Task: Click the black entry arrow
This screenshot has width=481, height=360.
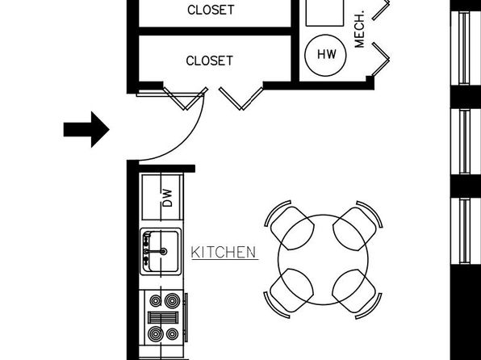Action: coord(86,129)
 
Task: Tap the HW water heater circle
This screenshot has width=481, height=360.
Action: coord(325,55)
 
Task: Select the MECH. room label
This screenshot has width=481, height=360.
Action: coord(359,30)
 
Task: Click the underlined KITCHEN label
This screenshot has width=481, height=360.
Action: coord(224,253)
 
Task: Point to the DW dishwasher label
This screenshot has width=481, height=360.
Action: coord(168,198)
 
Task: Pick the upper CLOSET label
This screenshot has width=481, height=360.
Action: coord(211,10)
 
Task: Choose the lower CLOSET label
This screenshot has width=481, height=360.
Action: coord(210,61)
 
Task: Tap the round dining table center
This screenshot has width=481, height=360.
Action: coord(323,260)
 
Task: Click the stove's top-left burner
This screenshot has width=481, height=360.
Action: coord(156,301)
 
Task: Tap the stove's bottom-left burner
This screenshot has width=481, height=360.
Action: coord(156,334)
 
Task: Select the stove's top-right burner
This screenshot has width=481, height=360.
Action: coord(172,300)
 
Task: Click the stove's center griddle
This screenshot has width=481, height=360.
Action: coord(163,318)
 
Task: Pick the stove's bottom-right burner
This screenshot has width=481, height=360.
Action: coord(172,334)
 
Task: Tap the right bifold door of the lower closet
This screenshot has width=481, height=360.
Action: coord(241,98)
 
